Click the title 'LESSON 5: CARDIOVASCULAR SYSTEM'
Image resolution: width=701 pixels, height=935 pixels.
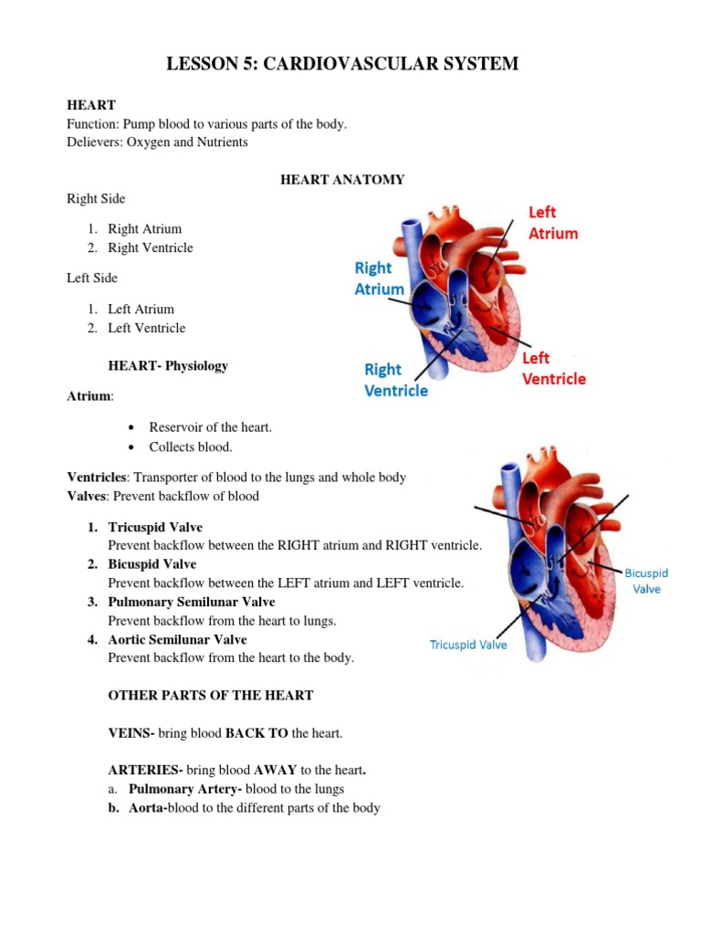(x=341, y=64)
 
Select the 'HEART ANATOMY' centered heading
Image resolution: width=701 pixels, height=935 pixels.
(x=341, y=180)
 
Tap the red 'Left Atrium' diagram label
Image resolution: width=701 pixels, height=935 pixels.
(x=553, y=222)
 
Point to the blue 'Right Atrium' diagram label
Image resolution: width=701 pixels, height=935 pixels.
(x=379, y=278)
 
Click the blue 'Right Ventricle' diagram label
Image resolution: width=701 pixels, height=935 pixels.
(x=396, y=380)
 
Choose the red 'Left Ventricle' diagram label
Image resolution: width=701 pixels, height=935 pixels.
(x=553, y=367)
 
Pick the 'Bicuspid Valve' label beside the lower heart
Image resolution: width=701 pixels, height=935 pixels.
(x=646, y=581)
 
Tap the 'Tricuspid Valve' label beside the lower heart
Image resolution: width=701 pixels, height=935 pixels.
(x=468, y=645)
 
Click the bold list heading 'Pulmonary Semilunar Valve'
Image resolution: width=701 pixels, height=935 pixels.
(x=191, y=602)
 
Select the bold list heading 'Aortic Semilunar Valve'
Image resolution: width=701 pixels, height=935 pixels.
(x=177, y=639)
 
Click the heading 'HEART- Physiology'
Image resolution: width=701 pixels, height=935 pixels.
(x=168, y=366)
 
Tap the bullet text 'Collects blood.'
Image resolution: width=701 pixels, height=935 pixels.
(x=191, y=446)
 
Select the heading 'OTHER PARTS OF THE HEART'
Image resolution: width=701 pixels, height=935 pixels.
(x=211, y=696)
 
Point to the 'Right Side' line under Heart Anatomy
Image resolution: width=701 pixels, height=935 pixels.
(x=96, y=198)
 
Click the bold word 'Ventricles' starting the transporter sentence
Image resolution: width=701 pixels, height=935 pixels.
(x=96, y=478)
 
